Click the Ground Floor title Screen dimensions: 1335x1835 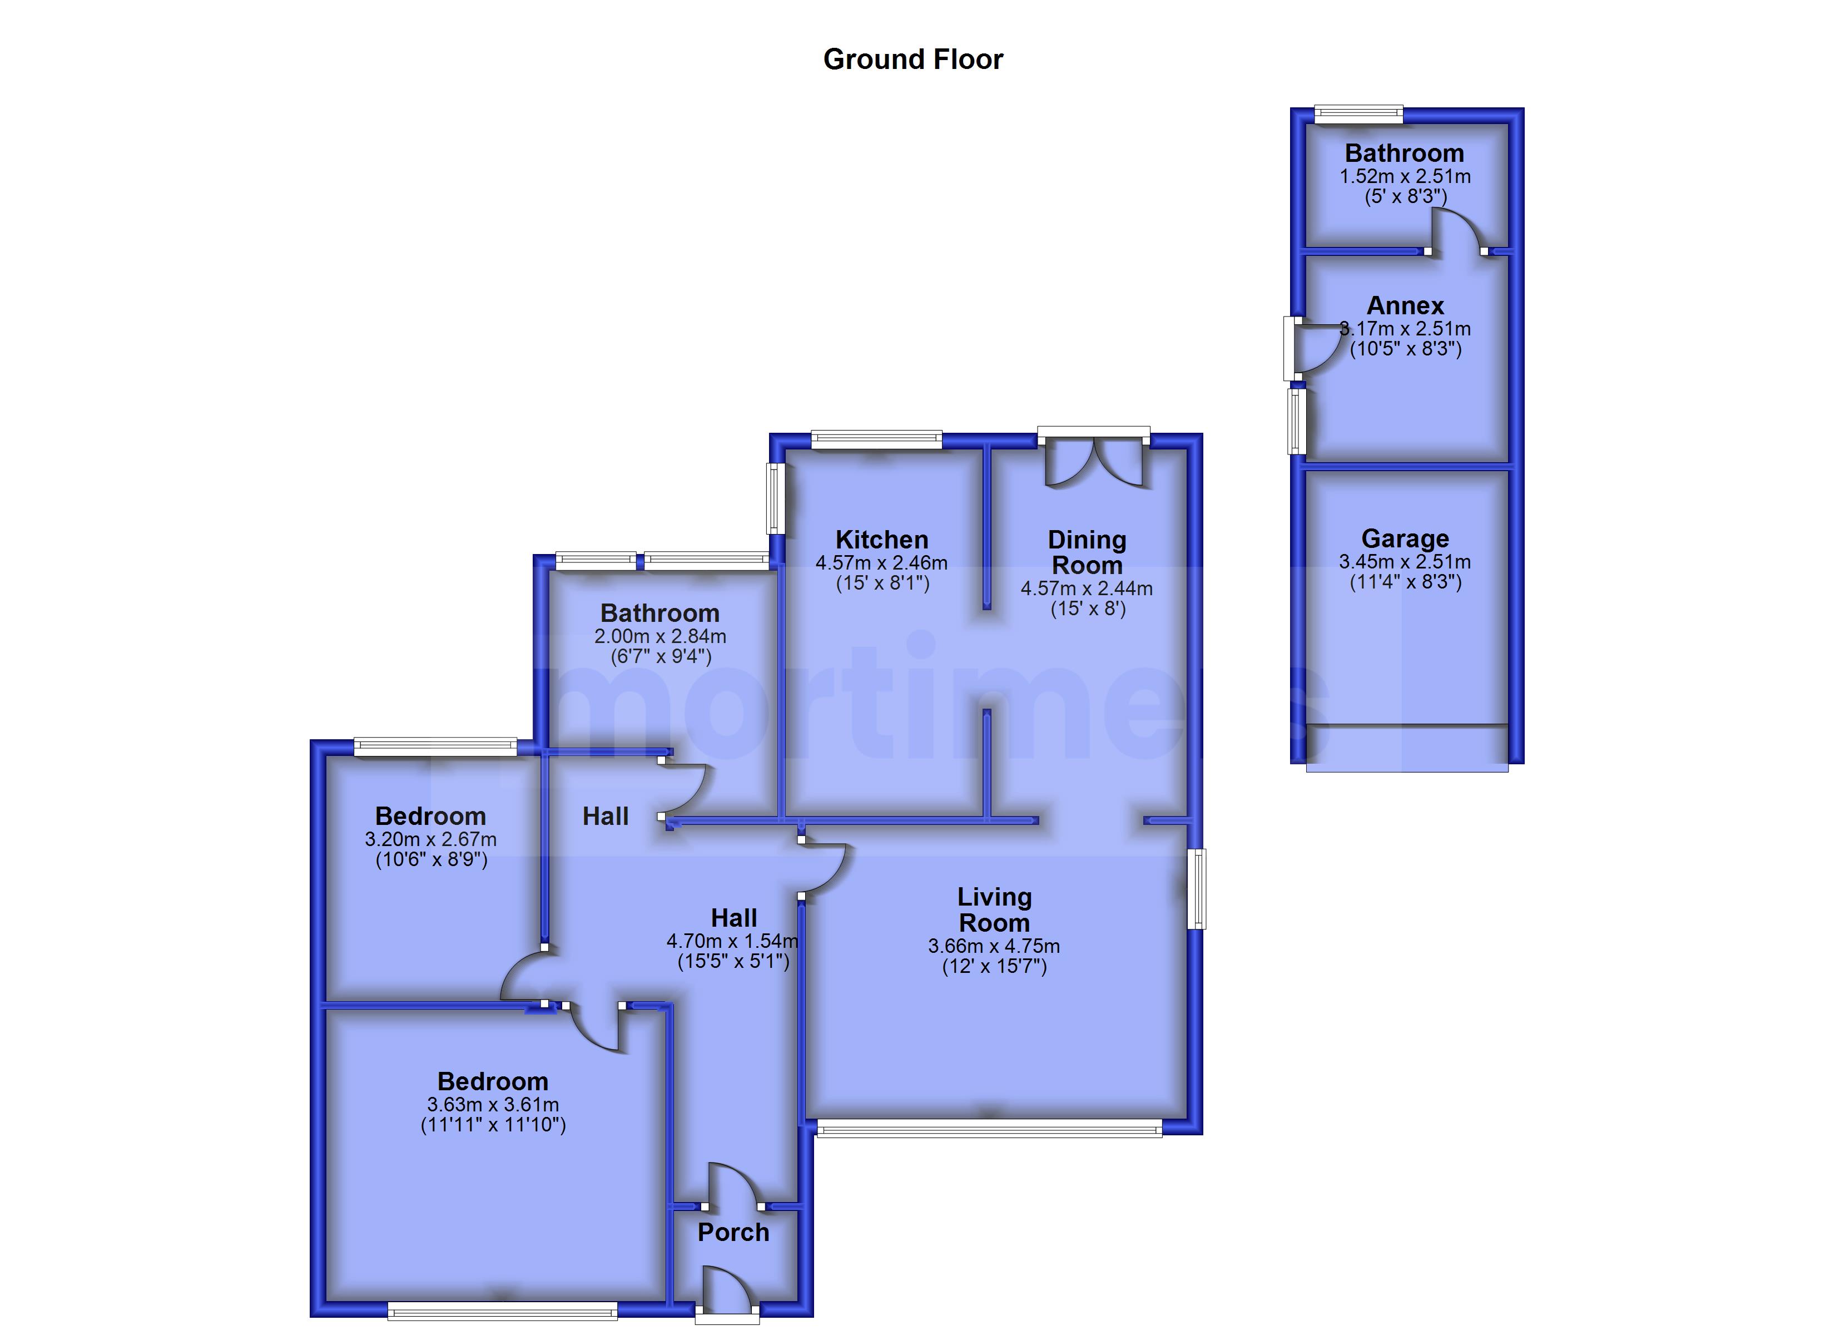[x=912, y=59]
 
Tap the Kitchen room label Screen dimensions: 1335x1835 [x=881, y=539]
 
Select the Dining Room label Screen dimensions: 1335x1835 [x=1087, y=552]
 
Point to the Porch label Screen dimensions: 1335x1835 [x=733, y=1232]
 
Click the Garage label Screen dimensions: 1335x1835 [x=1405, y=538]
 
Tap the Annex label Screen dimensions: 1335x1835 [x=1405, y=305]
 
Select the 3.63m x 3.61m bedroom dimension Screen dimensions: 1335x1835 [x=493, y=1104]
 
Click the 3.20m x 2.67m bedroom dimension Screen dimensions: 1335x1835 [x=430, y=839]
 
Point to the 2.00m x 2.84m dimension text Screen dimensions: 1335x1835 [x=660, y=636]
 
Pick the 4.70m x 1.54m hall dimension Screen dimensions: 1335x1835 [x=732, y=941]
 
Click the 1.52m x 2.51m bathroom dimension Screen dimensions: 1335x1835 [x=1405, y=176]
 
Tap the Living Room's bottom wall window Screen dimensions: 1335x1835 [x=989, y=1129]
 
